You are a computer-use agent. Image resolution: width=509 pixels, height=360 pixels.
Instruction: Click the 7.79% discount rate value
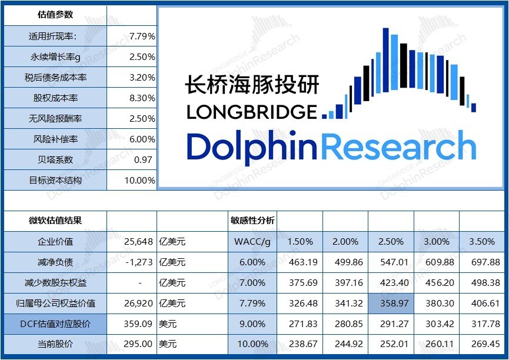pyautogui.click(x=142, y=36)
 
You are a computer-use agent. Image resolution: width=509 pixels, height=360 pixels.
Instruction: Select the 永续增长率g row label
pyautogui.click(x=55, y=57)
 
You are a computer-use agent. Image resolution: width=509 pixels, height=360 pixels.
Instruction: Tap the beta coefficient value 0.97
pyautogui.click(x=143, y=159)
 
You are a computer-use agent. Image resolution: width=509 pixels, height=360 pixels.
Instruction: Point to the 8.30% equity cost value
pyautogui.click(x=142, y=98)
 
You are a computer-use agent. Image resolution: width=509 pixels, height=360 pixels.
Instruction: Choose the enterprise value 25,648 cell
pyautogui.click(x=139, y=241)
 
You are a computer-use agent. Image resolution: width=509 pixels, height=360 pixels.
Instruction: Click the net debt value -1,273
pyautogui.click(x=139, y=262)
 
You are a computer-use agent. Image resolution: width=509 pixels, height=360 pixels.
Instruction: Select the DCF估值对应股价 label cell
pyautogui.click(x=55, y=324)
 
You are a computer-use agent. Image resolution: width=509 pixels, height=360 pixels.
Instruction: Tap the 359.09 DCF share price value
pyautogui.click(x=139, y=324)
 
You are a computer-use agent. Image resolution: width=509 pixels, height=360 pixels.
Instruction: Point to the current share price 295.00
pyautogui.click(x=139, y=344)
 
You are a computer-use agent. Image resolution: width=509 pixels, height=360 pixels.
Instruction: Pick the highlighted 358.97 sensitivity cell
pyautogui.click(x=391, y=304)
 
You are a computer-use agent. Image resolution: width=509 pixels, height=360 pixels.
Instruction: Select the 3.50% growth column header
pyautogui.click(x=483, y=241)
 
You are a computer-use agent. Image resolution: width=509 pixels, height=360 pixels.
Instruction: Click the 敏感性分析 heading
pyautogui.click(x=252, y=221)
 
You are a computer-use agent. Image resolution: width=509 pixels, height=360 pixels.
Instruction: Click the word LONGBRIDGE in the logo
pyautogui.click(x=251, y=111)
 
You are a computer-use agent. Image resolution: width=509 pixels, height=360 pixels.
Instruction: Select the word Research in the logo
pyautogui.click(x=397, y=145)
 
